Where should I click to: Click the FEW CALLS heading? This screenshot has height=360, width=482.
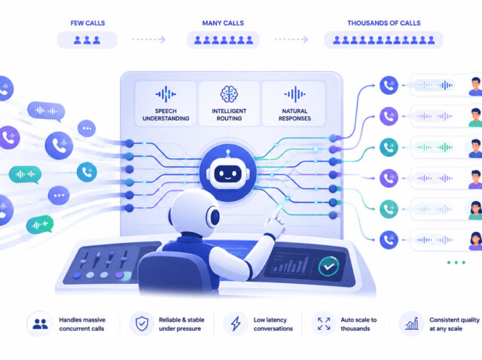click(x=87, y=23)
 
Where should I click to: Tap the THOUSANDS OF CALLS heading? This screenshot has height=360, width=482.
click(x=384, y=23)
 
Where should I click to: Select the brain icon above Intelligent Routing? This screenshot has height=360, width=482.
click(x=229, y=94)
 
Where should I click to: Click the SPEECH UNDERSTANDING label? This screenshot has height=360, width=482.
click(x=166, y=114)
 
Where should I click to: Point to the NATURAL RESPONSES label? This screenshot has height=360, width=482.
click(x=294, y=114)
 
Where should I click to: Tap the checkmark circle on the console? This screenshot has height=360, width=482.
click(x=328, y=266)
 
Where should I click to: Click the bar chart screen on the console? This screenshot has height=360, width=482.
click(x=289, y=264)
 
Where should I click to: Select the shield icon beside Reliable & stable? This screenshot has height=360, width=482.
click(x=142, y=324)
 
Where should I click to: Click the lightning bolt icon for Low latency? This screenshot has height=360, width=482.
click(x=236, y=324)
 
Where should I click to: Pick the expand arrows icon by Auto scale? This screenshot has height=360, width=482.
click(x=324, y=324)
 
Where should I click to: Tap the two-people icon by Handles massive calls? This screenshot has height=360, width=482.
click(x=40, y=324)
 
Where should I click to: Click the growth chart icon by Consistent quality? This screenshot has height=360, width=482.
click(x=412, y=323)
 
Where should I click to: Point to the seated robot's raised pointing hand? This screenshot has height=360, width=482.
click(x=276, y=222)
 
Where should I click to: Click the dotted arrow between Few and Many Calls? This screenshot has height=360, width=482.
click(x=149, y=39)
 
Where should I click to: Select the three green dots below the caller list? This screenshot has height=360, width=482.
click(x=456, y=263)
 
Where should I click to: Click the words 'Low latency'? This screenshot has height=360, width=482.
click(x=270, y=320)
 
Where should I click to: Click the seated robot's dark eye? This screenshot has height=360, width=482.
click(x=215, y=218)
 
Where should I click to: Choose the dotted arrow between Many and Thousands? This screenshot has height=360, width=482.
click(x=291, y=39)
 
